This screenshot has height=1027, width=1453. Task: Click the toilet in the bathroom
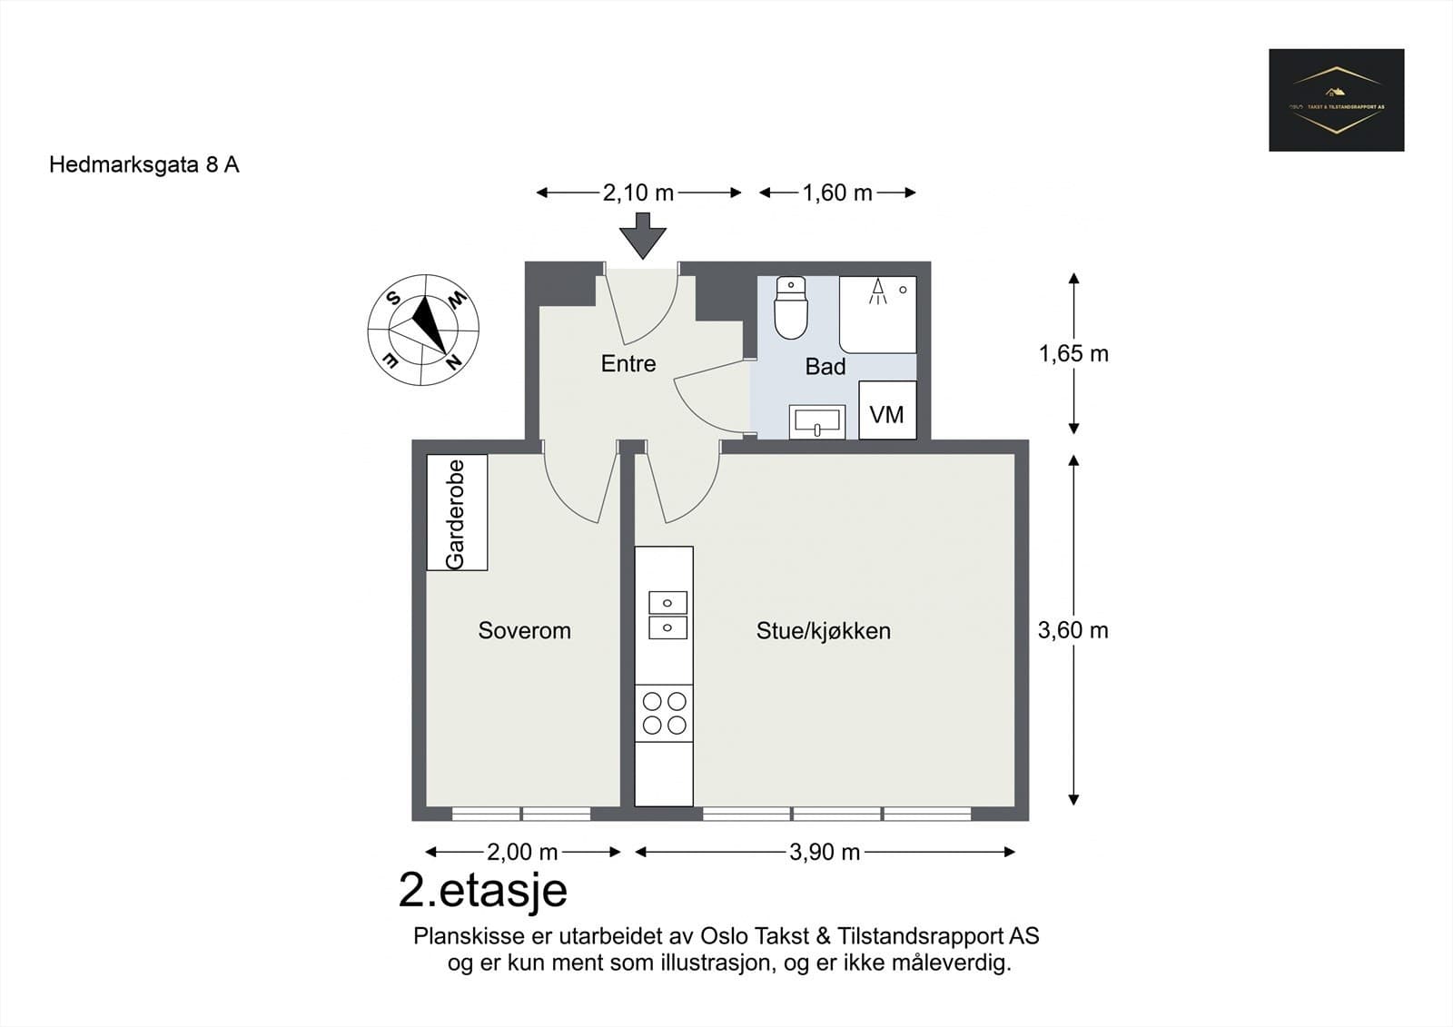(x=791, y=309)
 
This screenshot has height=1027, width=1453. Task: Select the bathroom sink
(x=816, y=421)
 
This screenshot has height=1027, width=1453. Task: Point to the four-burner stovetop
(x=664, y=713)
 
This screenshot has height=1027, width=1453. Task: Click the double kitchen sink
(x=667, y=615)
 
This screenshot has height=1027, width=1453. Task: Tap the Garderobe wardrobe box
(x=457, y=513)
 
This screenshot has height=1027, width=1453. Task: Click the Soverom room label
(x=524, y=630)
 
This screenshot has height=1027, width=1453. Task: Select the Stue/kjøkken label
(x=823, y=630)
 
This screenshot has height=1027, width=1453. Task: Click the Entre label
(x=628, y=363)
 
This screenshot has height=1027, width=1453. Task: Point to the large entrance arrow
(x=643, y=235)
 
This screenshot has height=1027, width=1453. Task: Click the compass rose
(x=423, y=330)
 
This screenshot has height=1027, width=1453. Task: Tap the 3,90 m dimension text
(x=824, y=852)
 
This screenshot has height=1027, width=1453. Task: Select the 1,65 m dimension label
(x=1073, y=353)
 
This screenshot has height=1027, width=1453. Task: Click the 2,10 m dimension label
(x=638, y=193)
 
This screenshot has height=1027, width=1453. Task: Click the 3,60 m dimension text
(x=1072, y=630)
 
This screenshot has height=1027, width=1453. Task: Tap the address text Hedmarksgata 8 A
(x=143, y=164)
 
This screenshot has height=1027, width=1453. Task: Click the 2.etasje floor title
(x=482, y=890)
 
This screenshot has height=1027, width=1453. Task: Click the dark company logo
(x=1336, y=100)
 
